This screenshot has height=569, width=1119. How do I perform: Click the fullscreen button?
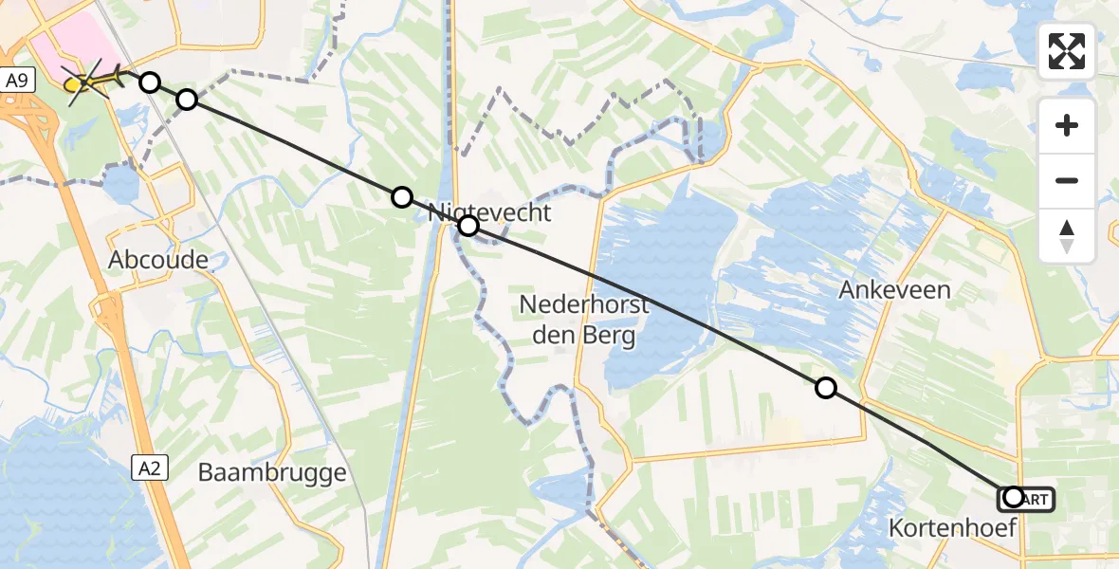pyautogui.click(x=1067, y=51)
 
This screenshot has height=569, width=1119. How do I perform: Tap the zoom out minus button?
pyautogui.click(x=1067, y=180)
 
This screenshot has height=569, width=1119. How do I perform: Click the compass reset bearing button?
pyautogui.click(x=1067, y=236)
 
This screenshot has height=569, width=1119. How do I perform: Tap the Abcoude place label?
pyautogui.click(x=158, y=260)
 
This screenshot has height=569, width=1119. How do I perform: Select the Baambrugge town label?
pyautogui.click(x=272, y=471)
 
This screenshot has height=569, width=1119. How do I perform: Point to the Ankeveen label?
pyautogui.click(x=894, y=289)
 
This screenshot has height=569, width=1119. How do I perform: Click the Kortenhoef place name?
pyautogui.click(x=952, y=527)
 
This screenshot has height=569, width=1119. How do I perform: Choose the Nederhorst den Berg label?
pyautogui.click(x=583, y=320)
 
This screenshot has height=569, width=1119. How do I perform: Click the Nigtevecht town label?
pyautogui.click(x=489, y=212)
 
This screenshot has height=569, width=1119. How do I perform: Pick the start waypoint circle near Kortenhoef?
pyautogui.click(x=1013, y=497)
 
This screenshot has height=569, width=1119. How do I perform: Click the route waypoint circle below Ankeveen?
pyautogui.click(x=826, y=387)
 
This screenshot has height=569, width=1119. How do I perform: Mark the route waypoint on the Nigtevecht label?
pyautogui.click(x=468, y=226)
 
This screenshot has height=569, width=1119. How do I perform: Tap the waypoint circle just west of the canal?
pyautogui.click(x=402, y=197)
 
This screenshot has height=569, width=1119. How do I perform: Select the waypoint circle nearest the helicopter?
pyautogui.click(x=150, y=83)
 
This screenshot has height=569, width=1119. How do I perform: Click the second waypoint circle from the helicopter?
pyautogui.click(x=187, y=99)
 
